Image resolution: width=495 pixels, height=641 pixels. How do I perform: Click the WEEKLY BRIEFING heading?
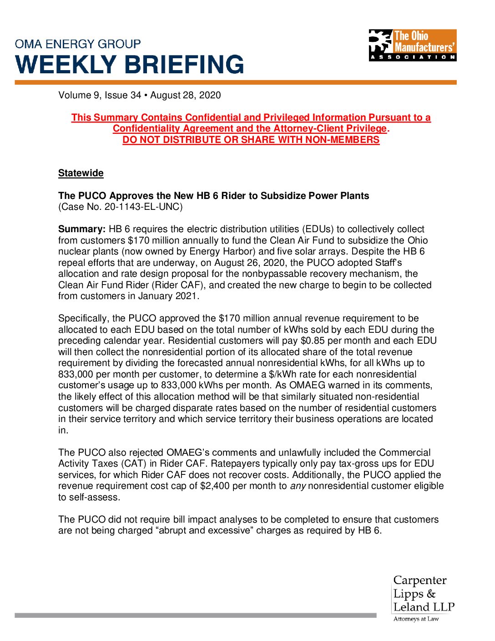(130, 65)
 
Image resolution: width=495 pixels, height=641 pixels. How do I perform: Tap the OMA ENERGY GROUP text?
(78, 44)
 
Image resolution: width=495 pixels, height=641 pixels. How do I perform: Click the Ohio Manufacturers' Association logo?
(412, 45)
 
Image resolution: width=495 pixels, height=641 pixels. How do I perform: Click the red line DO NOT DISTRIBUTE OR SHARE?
(251, 140)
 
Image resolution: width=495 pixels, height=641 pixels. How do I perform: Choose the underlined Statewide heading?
(81, 173)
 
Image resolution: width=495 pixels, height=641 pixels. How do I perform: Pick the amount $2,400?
(215, 486)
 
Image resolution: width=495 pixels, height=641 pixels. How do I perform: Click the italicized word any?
(298, 486)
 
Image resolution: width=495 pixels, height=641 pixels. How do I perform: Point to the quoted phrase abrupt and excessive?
(205, 530)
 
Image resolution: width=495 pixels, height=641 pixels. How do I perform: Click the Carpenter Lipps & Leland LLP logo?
(424, 594)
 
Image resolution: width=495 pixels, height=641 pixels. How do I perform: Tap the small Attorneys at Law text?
(416, 619)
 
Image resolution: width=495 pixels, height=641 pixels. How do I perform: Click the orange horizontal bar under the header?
(235, 82)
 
